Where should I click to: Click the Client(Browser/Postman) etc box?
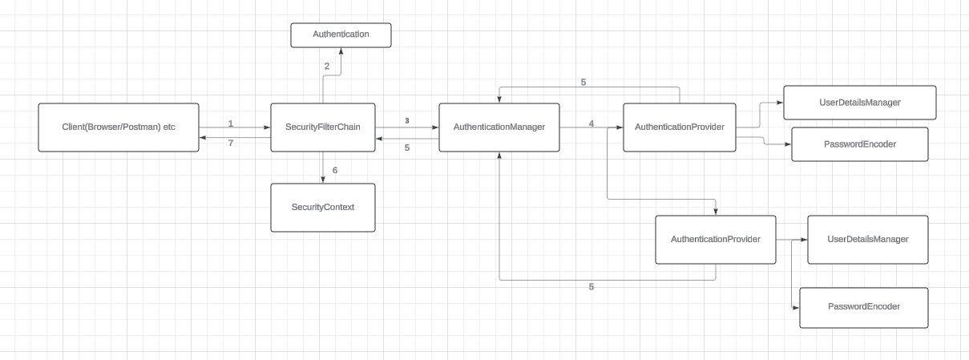point(119,127)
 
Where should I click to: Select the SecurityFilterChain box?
point(323,127)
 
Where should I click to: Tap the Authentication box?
point(341,34)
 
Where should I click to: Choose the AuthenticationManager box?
point(499,127)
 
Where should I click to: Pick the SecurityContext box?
point(323,207)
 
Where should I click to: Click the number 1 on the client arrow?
point(230,123)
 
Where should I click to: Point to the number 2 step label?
point(327,67)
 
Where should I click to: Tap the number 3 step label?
point(407,121)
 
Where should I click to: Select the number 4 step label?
point(591,123)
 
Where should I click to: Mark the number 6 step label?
point(335,170)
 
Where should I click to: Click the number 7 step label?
point(230,143)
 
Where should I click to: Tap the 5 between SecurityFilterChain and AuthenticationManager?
point(407,148)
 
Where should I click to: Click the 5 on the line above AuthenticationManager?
point(583,82)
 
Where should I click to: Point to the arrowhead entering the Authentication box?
point(341,51)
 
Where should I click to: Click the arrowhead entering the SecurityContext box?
point(323,180)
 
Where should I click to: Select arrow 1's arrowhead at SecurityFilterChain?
point(267,127)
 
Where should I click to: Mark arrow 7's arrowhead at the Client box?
point(204,138)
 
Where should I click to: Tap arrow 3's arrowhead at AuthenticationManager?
point(435,127)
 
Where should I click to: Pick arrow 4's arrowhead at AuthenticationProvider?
point(620,127)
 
